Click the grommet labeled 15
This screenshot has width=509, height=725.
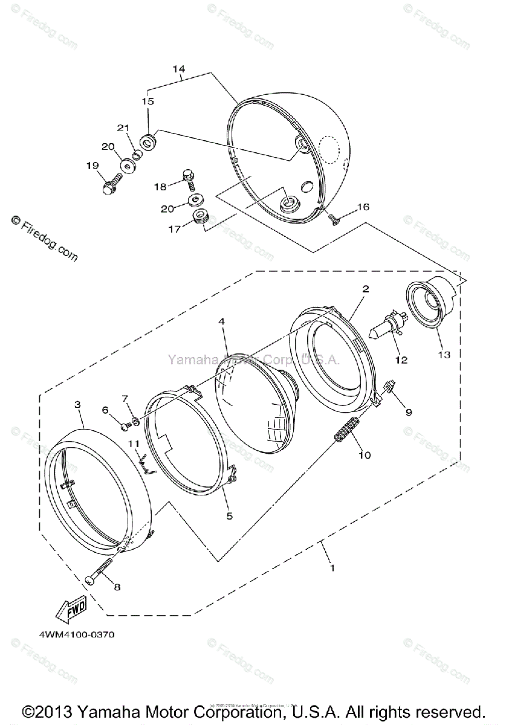tap(148, 143)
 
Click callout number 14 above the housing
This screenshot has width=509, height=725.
tap(178, 69)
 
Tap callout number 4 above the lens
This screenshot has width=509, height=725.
tap(222, 323)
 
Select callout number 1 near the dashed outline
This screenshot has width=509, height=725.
tap(332, 567)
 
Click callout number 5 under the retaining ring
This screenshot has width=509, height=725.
tap(229, 515)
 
